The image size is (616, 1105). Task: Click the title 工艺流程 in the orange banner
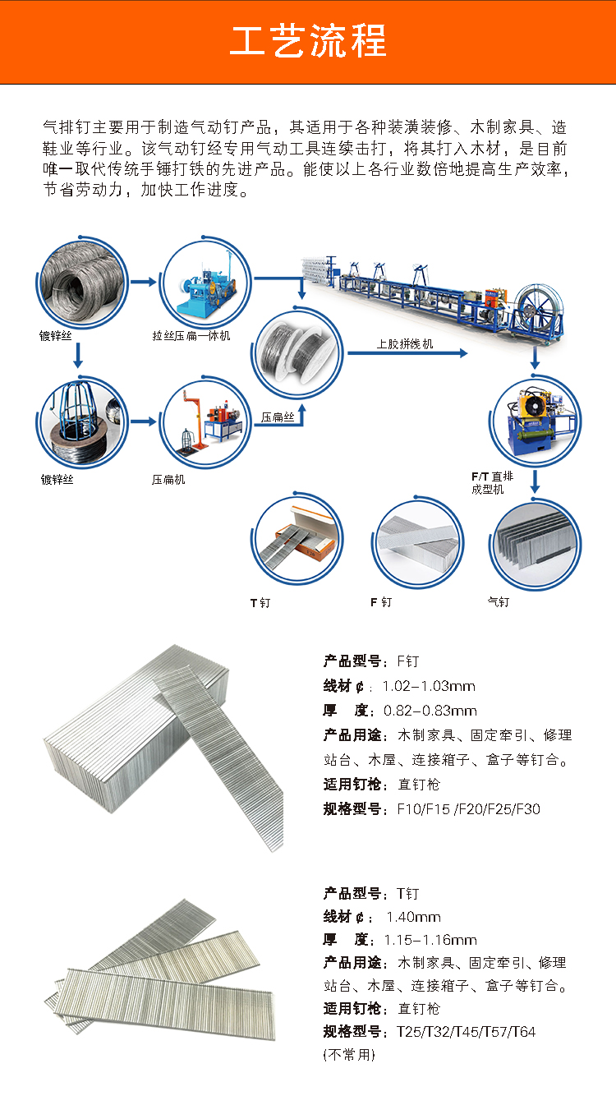308,41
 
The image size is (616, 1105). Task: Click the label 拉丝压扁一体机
191,336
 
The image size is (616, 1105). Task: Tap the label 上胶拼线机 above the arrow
405,344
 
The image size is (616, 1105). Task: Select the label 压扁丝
278,417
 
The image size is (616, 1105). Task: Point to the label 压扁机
168,480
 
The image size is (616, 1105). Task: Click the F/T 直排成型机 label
492,482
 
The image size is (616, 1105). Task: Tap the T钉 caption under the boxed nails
260,602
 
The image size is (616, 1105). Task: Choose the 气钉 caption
498,602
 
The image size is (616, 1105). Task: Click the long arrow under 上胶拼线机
407,353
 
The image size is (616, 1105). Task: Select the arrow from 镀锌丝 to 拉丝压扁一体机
144,282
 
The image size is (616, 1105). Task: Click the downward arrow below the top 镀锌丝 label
77,356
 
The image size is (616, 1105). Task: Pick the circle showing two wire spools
297,352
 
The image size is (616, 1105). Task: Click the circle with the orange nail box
297,538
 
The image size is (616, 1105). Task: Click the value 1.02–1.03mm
429,686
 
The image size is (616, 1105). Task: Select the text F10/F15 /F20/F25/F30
468,809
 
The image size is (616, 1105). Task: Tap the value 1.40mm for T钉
413,917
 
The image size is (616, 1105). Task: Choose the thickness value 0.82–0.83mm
430,711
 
